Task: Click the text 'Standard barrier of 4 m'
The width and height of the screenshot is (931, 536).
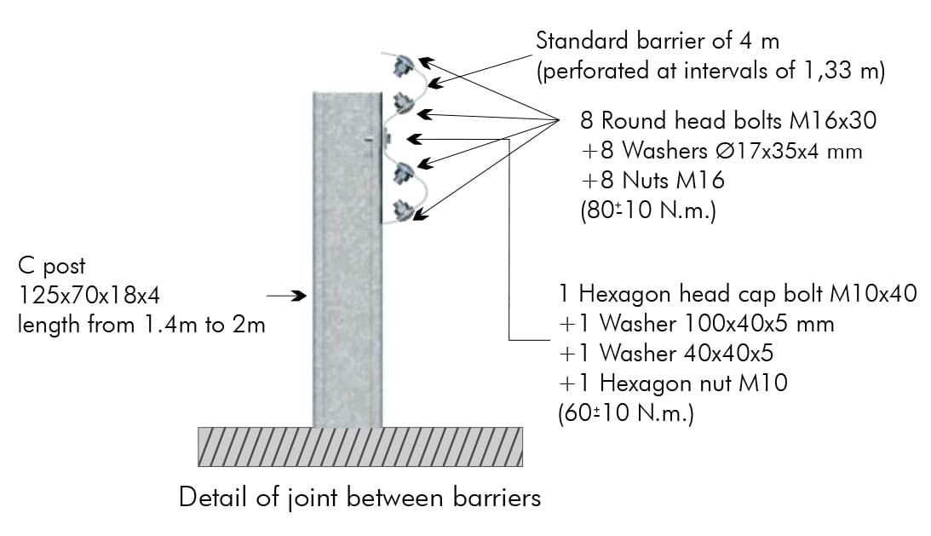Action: click(x=658, y=41)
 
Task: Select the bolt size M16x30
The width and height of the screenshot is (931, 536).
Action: click(x=833, y=121)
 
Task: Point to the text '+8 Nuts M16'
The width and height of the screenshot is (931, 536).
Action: click(x=652, y=180)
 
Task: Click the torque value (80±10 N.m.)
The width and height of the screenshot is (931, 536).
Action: click(x=647, y=210)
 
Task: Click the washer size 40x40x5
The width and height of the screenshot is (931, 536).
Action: click(x=728, y=354)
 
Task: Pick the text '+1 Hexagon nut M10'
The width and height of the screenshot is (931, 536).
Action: click(x=673, y=383)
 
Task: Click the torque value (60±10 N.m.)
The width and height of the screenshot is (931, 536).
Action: click(x=626, y=413)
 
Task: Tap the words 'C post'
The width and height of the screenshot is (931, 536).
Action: click(x=52, y=266)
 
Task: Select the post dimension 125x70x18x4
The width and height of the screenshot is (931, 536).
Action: click(x=89, y=296)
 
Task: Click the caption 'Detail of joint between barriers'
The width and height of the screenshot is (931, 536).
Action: click(x=359, y=498)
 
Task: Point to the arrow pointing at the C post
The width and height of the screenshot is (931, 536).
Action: click(x=286, y=296)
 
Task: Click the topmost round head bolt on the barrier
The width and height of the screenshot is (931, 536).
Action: click(x=404, y=65)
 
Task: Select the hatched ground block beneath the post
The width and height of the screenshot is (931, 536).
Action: click(x=360, y=447)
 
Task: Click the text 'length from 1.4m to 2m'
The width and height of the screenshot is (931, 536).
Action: click(x=141, y=325)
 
